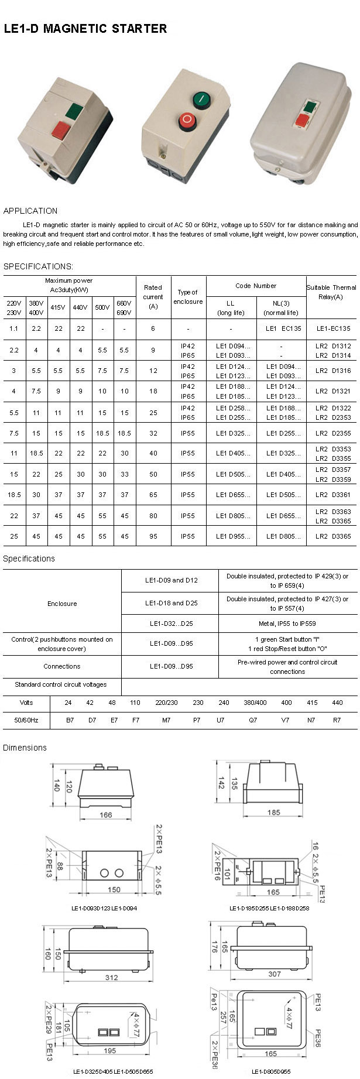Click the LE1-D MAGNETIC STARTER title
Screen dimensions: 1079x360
click(x=85, y=29)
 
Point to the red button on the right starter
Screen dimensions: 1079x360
click(x=302, y=120)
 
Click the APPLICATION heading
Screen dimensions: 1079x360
click(x=30, y=211)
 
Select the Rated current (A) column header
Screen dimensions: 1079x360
click(x=153, y=296)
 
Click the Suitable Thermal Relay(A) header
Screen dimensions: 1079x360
click(x=331, y=292)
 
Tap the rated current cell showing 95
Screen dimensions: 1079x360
click(x=153, y=536)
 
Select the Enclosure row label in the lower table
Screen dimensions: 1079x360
click(x=62, y=604)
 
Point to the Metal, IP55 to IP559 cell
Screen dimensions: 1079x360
click(x=287, y=624)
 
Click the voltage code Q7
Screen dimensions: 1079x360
click(x=253, y=720)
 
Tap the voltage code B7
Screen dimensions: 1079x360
click(x=70, y=720)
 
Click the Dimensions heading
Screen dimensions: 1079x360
click(x=25, y=748)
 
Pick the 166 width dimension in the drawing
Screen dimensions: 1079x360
click(x=105, y=814)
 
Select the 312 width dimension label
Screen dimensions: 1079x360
click(x=111, y=977)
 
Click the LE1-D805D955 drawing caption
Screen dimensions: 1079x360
click(x=271, y=1071)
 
